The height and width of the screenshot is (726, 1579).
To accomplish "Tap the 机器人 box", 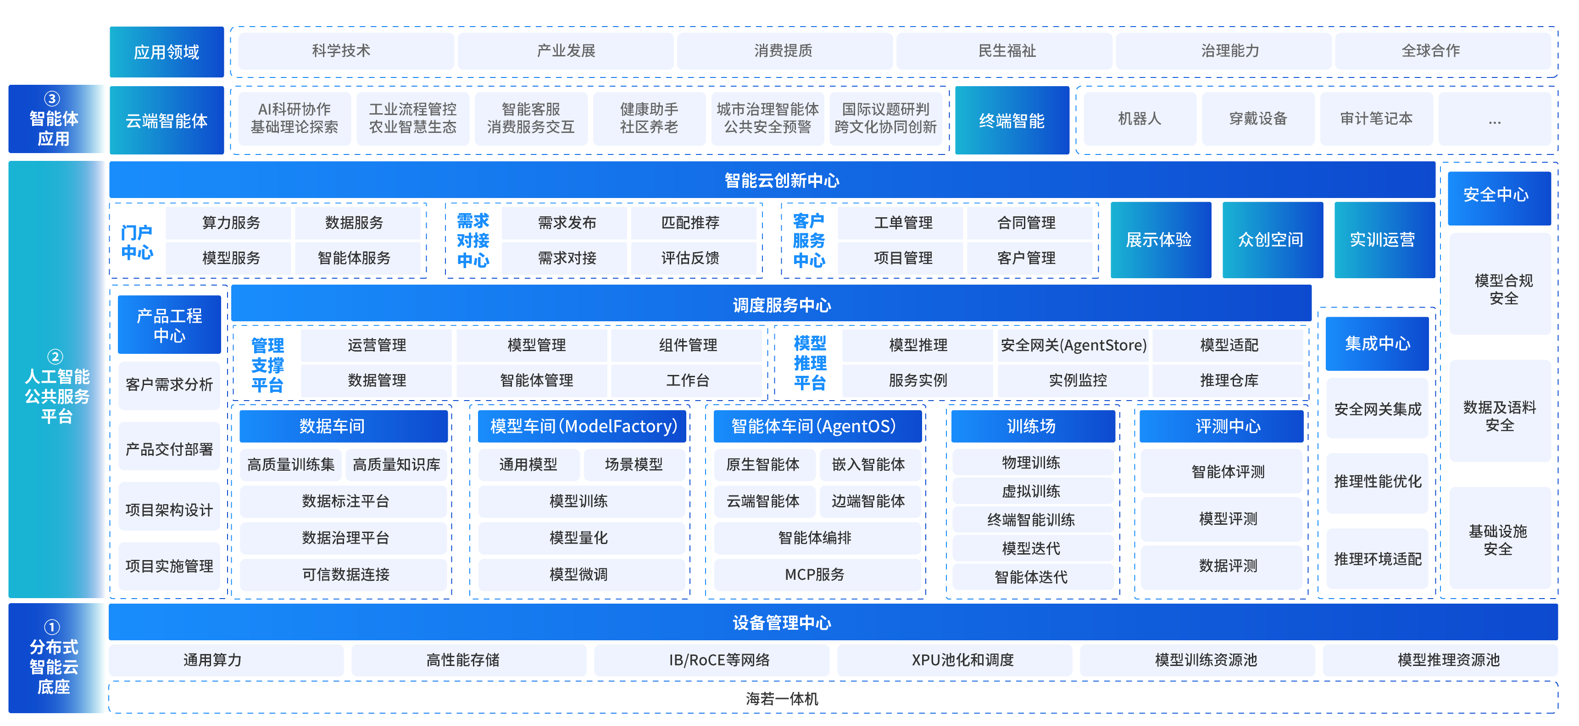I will [1140, 119].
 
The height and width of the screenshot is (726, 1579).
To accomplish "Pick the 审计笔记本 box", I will [1376, 119].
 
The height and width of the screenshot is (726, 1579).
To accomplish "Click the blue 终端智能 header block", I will [1012, 121].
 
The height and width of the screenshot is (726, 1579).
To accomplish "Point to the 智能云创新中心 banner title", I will [782, 180].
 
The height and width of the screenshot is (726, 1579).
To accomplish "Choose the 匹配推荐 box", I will [690, 222].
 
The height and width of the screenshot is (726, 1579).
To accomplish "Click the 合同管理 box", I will [1026, 222].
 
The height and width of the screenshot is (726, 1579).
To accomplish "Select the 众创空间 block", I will [1271, 240].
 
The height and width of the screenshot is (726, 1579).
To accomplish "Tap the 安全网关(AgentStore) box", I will [1073, 345].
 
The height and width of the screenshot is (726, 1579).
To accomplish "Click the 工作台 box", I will [687, 380].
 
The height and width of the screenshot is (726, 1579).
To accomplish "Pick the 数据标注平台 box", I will [345, 501].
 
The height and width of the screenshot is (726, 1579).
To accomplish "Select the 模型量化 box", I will [578, 538].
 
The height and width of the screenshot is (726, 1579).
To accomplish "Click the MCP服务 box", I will [815, 575].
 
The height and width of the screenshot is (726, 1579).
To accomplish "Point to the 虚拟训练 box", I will [1031, 491].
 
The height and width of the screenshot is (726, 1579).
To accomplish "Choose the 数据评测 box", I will [1228, 566].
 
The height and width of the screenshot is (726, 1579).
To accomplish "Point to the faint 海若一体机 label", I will [782, 698].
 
